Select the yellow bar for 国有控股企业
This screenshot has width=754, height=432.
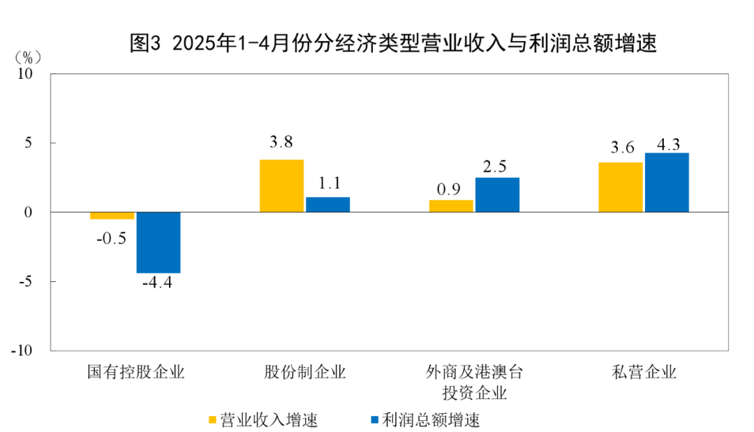click(x=112, y=216)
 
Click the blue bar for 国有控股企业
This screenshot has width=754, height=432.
click(x=158, y=242)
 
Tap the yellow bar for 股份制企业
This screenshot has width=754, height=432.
click(x=281, y=186)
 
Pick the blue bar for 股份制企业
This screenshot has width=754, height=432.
click(x=327, y=204)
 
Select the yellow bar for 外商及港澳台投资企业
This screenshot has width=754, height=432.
click(x=451, y=206)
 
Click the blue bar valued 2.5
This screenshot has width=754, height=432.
click(x=497, y=195)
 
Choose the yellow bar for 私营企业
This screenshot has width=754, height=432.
click(x=621, y=187)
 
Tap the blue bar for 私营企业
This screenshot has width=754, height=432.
click(x=667, y=182)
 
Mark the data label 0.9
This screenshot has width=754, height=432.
click(x=449, y=189)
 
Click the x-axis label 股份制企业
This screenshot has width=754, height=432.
click(x=304, y=371)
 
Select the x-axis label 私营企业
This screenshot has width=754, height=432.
click(x=644, y=371)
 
